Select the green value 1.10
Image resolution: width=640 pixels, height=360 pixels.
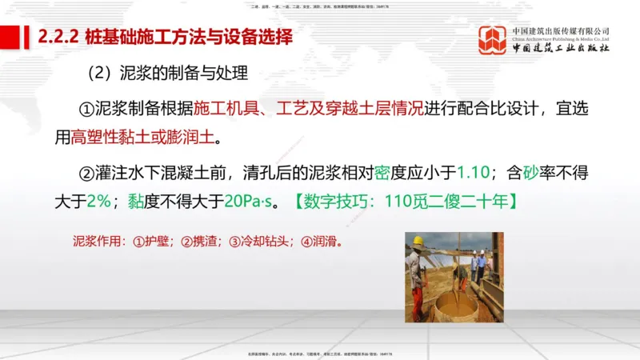(472, 172)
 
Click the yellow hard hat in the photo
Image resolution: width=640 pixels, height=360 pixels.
(418, 240)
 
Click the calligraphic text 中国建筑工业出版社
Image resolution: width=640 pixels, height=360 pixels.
(561, 49)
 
